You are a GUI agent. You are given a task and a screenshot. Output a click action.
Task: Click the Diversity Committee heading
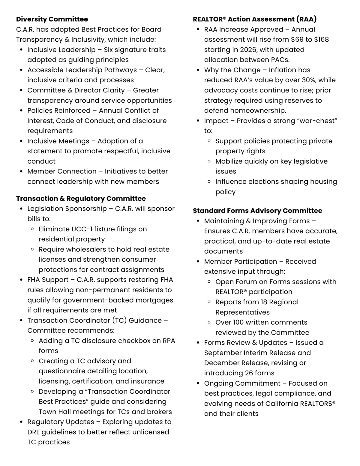(x=52, y=19)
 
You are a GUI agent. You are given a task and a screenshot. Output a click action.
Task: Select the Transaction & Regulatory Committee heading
(x=81, y=199)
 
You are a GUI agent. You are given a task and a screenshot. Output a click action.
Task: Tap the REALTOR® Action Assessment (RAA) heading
(x=254, y=19)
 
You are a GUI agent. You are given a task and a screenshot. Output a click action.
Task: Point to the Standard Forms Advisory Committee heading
(x=257, y=211)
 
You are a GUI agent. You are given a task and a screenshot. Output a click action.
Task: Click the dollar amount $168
(x=321, y=40)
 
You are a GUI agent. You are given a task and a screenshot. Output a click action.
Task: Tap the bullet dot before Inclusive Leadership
(x=21, y=50)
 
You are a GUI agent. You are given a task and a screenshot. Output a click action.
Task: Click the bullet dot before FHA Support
(x=21, y=280)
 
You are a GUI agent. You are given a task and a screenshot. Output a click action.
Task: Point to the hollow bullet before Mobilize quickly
(x=209, y=161)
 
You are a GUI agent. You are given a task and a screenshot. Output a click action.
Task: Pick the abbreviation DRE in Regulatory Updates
(x=33, y=432)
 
